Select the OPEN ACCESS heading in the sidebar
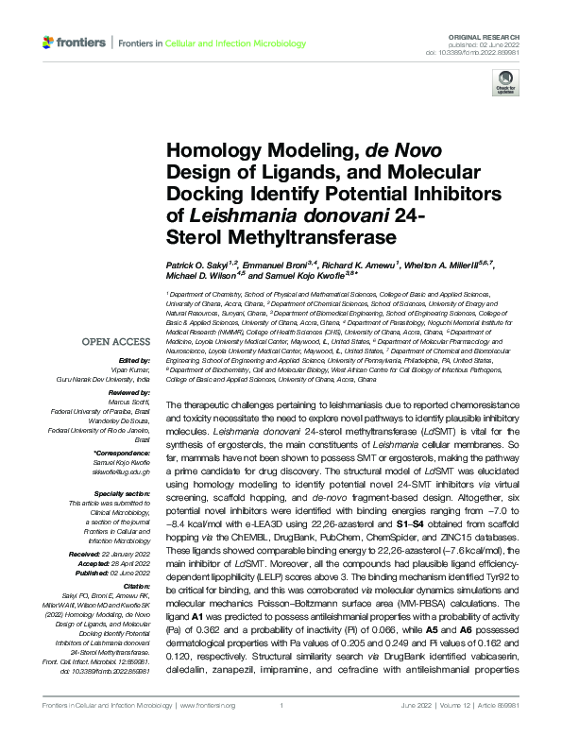click(116, 342)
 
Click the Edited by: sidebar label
click(136, 360)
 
